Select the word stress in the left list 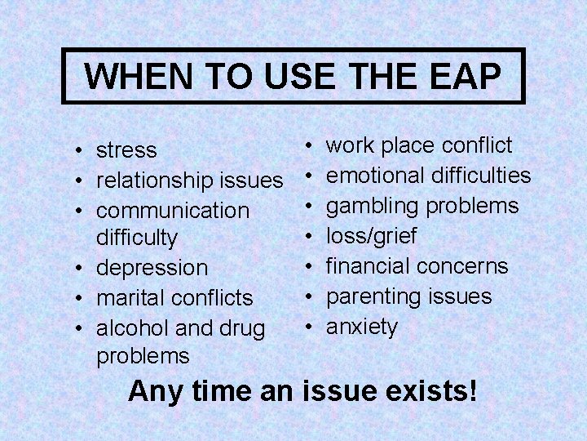point(126,151)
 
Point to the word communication point(173,210)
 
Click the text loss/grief point(372,237)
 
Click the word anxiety point(362,327)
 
